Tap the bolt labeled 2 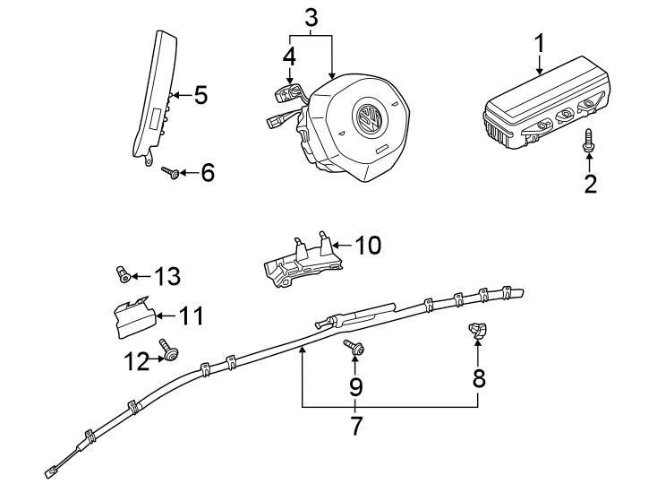pyautogui.click(x=589, y=140)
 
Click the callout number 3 pyautogui.click(x=311, y=16)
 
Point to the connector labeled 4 pyautogui.click(x=288, y=93)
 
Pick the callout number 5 pyautogui.click(x=201, y=95)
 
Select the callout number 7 pyautogui.click(x=356, y=426)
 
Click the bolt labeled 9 pyautogui.click(x=354, y=350)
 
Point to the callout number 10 pyautogui.click(x=368, y=245)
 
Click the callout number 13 pyautogui.click(x=166, y=276)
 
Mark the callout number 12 pyautogui.click(x=137, y=361)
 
